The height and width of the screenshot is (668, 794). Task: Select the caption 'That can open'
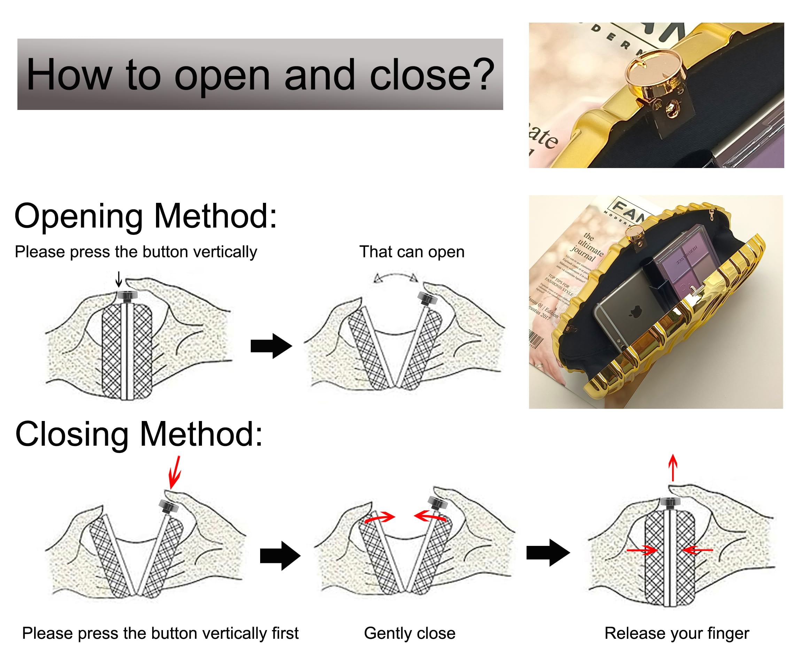(x=412, y=252)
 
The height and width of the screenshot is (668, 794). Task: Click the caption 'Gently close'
(x=409, y=633)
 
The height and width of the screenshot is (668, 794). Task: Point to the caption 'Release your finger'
(x=677, y=633)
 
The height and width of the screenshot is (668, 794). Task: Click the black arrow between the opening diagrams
(x=271, y=346)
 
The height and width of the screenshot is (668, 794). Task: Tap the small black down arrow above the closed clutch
(x=119, y=279)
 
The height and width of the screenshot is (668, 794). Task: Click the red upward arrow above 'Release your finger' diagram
(x=673, y=468)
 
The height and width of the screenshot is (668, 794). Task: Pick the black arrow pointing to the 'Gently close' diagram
(x=280, y=556)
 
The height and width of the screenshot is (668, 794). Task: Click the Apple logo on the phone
(x=633, y=312)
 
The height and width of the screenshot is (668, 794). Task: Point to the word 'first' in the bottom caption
(x=285, y=633)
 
